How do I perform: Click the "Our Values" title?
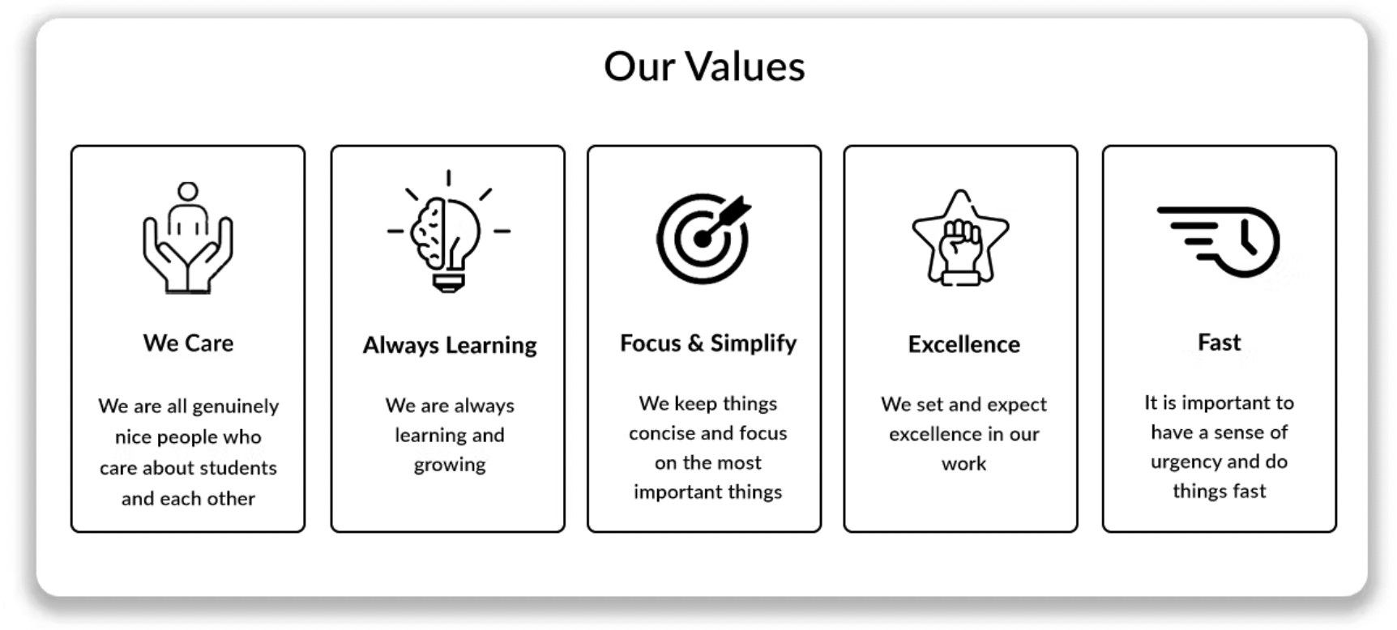tap(704, 66)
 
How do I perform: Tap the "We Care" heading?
tap(188, 343)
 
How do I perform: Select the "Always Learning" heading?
tap(450, 346)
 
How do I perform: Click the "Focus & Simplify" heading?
tap(708, 343)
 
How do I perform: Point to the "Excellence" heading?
tap(963, 344)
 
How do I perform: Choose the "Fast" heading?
tap(1219, 343)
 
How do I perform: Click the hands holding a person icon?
tap(188, 237)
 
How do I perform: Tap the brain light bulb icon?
tap(448, 231)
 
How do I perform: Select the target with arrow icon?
tap(703, 238)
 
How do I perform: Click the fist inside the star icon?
tap(960, 237)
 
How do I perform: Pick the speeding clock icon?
tap(1218, 241)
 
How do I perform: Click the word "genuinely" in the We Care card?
tap(235, 407)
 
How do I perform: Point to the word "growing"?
tap(450, 465)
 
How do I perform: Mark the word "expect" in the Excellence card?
tap(1017, 405)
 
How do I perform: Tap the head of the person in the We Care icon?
tap(188, 191)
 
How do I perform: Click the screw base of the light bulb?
tap(448, 282)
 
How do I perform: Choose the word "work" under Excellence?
tap(963, 464)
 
